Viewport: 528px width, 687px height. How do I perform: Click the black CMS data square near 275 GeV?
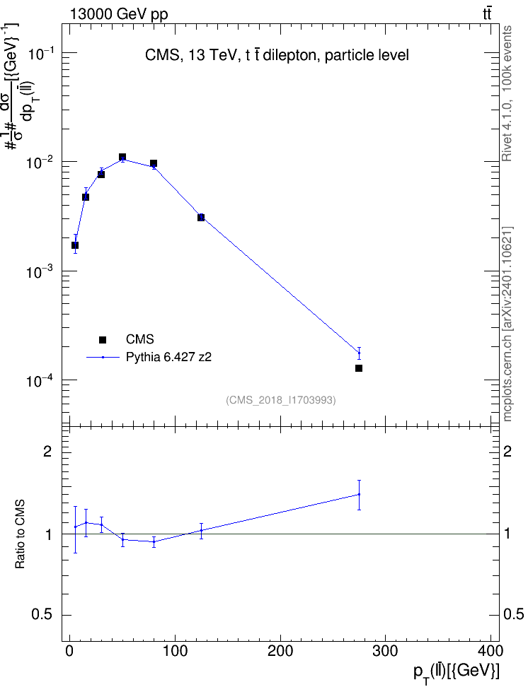pos(359,368)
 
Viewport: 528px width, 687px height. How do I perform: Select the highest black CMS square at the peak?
pos(122,158)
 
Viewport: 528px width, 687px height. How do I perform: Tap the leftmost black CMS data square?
pos(75,245)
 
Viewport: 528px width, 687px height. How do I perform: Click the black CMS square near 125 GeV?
pos(201,217)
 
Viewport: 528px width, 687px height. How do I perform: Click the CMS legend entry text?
pos(139,339)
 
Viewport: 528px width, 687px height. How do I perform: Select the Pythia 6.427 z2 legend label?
pos(168,358)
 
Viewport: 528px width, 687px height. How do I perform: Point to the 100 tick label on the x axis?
pos(175,651)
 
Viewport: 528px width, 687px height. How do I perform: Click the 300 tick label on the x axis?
pos(385,651)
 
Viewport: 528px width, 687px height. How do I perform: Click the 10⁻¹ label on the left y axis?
pos(41,54)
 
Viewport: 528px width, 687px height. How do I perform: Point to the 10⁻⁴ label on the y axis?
pos(41,381)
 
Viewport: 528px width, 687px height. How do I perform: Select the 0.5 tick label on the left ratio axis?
pos(42,615)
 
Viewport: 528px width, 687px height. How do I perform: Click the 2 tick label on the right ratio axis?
pos(507,451)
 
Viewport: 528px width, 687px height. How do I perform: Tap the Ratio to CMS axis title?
pos(20,534)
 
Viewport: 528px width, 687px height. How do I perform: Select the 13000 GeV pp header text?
pos(119,15)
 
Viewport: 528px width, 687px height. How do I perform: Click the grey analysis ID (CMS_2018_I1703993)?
pos(281,400)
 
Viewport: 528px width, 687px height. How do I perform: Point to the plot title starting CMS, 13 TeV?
pos(277,55)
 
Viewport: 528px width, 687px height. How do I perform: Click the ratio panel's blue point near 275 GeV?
pos(359,495)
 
